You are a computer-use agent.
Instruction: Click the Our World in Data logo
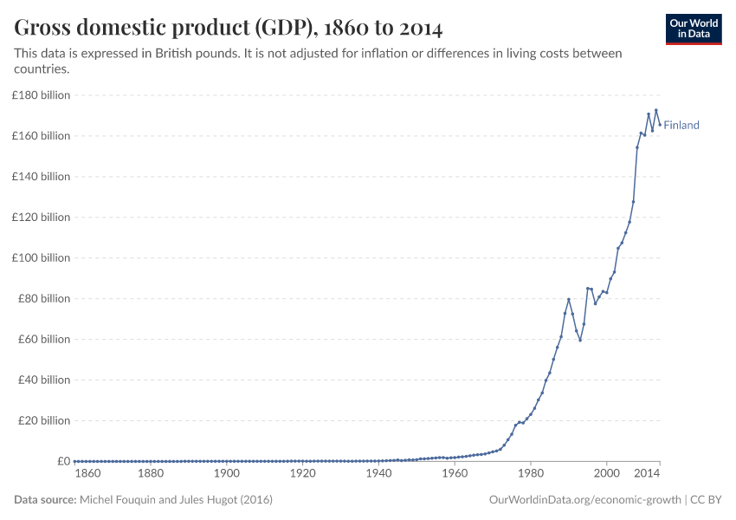[693, 29]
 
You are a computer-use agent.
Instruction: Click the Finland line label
[681, 125]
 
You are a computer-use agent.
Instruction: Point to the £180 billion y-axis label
[42, 95]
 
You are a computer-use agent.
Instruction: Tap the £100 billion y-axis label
[42, 258]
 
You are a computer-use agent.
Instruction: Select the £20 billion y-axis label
[44, 421]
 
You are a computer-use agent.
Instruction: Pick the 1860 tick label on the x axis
[87, 474]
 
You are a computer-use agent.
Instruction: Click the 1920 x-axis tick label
[302, 474]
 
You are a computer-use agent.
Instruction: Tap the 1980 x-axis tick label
[530, 474]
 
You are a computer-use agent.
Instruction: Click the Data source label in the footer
[45, 500]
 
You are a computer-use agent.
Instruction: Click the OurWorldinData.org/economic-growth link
[585, 500]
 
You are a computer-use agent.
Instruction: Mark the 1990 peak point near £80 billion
[568, 299]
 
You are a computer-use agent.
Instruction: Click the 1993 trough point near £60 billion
[579, 340]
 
